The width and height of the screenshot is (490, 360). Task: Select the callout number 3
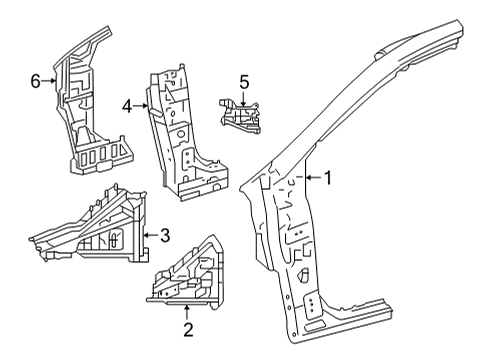[x=165, y=235]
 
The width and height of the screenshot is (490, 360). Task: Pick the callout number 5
[x=243, y=81]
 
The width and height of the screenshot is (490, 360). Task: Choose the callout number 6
[x=35, y=82]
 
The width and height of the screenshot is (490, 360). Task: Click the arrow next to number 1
[x=306, y=178]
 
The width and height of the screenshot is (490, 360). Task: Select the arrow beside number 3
[x=149, y=235]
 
